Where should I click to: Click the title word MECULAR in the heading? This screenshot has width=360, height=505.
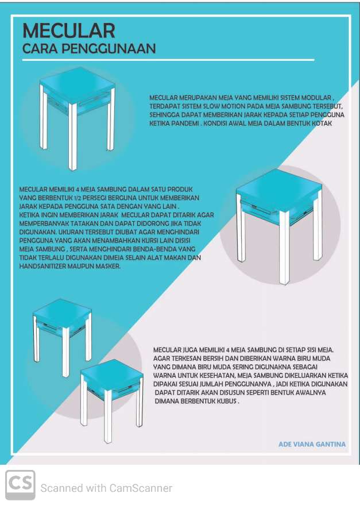[x=68, y=31]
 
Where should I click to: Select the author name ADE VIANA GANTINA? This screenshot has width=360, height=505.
[x=312, y=444]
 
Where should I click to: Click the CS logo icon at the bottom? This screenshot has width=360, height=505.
[x=20, y=485]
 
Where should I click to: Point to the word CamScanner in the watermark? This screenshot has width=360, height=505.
[x=141, y=488]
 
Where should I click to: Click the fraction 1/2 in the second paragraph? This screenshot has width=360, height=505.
[x=76, y=198]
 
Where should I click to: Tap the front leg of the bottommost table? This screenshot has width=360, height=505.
[x=108, y=416]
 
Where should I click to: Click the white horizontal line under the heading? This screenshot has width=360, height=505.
[x=168, y=60]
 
